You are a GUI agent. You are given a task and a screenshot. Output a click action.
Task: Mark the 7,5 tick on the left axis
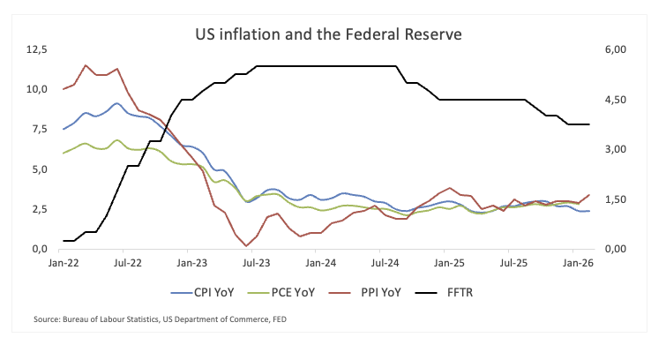(x=39, y=130)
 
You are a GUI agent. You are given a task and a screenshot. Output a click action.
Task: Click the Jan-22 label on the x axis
(x=64, y=263)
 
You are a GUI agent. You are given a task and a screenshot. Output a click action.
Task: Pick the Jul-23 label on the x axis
(x=256, y=263)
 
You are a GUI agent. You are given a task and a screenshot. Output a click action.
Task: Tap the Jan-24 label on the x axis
(x=320, y=263)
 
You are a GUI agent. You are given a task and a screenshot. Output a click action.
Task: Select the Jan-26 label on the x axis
(x=576, y=263)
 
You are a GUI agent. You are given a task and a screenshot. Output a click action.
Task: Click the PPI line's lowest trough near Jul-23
(x=247, y=245)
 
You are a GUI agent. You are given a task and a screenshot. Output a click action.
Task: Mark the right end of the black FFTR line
(x=589, y=124)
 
